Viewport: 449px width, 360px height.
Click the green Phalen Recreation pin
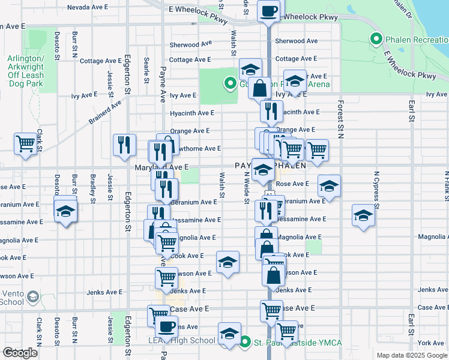(x=376, y=40)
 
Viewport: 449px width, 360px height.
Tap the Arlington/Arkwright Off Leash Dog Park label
(x=26, y=71)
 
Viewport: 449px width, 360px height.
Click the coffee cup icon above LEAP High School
(x=166, y=326)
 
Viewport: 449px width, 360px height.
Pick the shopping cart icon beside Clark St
(x=26, y=143)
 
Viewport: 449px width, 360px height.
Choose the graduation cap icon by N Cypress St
(x=363, y=215)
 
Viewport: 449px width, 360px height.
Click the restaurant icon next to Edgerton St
(x=124, y=145)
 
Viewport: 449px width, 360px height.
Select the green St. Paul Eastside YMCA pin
(x=245, y=343)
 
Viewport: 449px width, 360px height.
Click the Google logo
(x=20, y=353)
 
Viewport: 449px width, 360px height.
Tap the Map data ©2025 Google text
(x=412, y=355)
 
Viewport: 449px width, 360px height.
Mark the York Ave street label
(x=432, y=343)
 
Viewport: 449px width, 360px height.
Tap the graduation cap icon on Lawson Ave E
(x=227, y=262)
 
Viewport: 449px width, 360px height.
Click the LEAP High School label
(x=182, y=341)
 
